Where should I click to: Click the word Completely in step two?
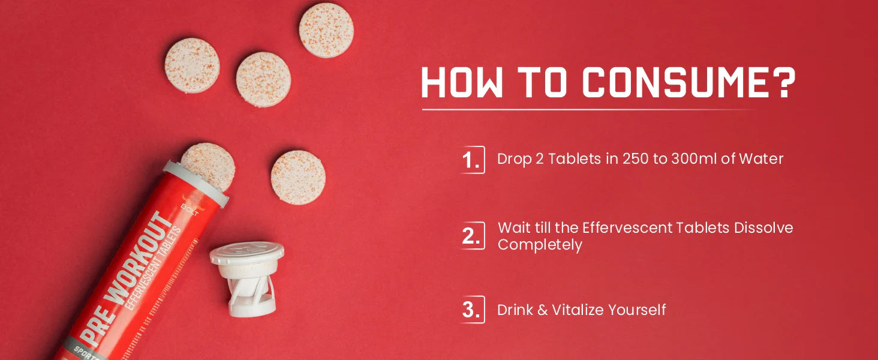[x=540, y=245]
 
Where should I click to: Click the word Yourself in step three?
[x=637, y=310]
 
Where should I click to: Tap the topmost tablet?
[x=326, y=30]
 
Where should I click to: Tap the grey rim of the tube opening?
[x=196, y=184]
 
